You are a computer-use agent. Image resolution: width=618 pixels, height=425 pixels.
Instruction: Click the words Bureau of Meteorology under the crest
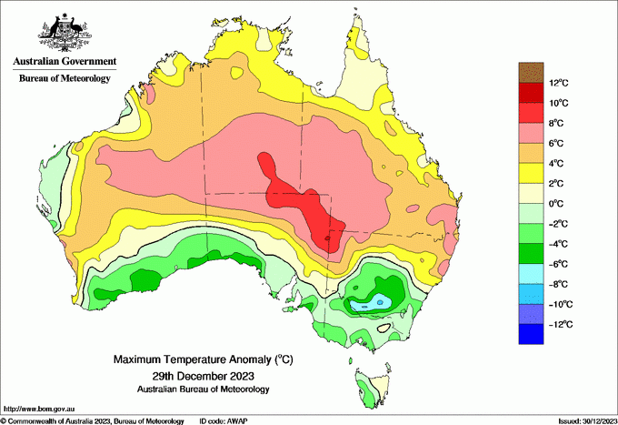coord(65,78)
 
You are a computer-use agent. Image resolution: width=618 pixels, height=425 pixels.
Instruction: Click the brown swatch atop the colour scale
coord(530,72)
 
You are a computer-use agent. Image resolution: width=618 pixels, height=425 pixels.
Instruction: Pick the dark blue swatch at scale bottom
coord(530,334)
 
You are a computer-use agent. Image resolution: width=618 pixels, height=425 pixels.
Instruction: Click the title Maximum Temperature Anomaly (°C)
coord(203,360)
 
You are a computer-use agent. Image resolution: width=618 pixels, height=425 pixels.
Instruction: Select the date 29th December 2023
coord(203,375)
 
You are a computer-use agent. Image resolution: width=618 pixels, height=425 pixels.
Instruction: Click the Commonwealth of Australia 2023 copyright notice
coord(92,420)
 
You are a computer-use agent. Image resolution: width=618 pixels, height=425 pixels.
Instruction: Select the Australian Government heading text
coord(65,63)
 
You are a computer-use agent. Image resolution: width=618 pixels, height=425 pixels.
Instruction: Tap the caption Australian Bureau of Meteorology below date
coord(203,389)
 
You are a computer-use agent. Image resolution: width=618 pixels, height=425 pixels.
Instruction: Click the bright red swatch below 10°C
coord(530,112)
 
